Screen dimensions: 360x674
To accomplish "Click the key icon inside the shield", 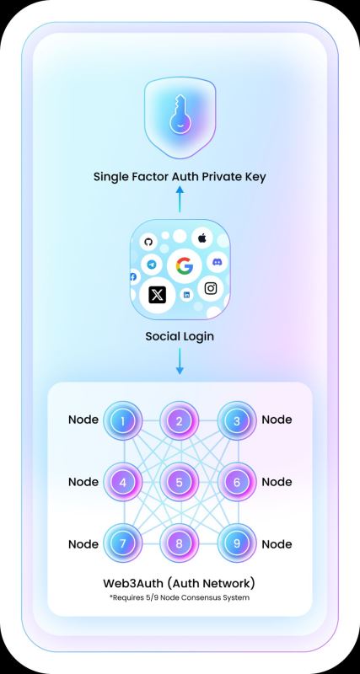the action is pyautogui.click(x=180, y=115).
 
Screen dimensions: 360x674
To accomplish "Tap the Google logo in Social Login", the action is pyautogui.click(x=185, y=266).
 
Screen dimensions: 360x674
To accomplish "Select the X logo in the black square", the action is pyautogui.click(x=158, y=294).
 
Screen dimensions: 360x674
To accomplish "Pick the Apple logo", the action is pyautogui.click(x=202, y=238).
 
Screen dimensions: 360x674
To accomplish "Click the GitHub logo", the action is pyautogui.click(x=148, y=242).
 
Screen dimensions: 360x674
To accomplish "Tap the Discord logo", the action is pyautogui.click(x=220, y=261).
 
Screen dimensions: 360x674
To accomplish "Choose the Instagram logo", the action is pyautogui.click(x=210, y=288).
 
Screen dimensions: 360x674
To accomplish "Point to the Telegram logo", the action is pyautogui.click(x=152, y=265).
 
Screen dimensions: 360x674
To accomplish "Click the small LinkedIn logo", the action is pyautogui.click(x=186, y=295).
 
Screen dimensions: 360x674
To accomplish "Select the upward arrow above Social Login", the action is pyautogui.click(x=180, y=199).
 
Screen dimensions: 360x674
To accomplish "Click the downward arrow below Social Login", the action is pyautogui.click(x=180, y=361).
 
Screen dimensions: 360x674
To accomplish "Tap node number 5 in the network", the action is pyautogui.click(x=180, y=482).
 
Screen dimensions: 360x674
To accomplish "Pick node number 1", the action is pyautogui.click(x=122, y=420).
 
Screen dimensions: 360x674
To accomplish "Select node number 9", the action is pyautogui.click(x=237, y=543).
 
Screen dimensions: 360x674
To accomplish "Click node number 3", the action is pyautogui.click(x=237, y=420).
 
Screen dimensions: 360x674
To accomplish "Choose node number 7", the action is pyautogui.click(x=122, y=543).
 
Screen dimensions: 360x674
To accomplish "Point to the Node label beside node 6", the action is pyautogui.click(x=277, y=482).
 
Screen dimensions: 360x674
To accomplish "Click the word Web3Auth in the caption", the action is pyautogui.click(x=132, y=583).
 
